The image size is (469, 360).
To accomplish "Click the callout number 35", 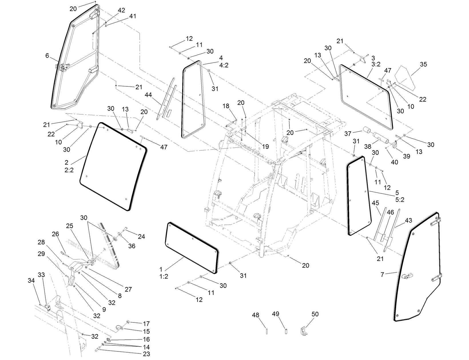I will pyautogui.click(x=423, y=64).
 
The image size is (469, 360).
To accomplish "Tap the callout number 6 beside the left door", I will pyautogui.click(x=47, y=56).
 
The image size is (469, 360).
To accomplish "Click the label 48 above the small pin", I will pyautogui.click(x=255, y=315).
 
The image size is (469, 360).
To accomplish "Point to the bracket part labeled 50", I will pyautogui.click(x=303, y=331).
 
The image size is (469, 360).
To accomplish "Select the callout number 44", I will pyautogui.click(x=148, y=94).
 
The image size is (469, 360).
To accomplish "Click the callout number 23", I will pyautogui.click(x=146, y=354).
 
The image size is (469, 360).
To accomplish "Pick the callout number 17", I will pyautogui.click(x=146, y=324).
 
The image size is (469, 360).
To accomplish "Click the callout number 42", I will pyautogui.click(x=121, y=10).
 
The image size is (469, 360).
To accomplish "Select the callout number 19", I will pyautogui.click(x=265, y=147).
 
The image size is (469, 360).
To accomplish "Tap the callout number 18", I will pyautogui.click(x=226, y=106).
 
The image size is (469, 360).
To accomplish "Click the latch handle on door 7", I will pyautogui.click(x=407, y=276).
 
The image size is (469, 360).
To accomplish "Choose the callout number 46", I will pyautogui.click(x=390, y=212).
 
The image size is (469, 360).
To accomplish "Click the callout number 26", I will pyautogui.click(x=55, y=234).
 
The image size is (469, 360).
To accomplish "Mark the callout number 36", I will pyautogui.click(x=132, y=246).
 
